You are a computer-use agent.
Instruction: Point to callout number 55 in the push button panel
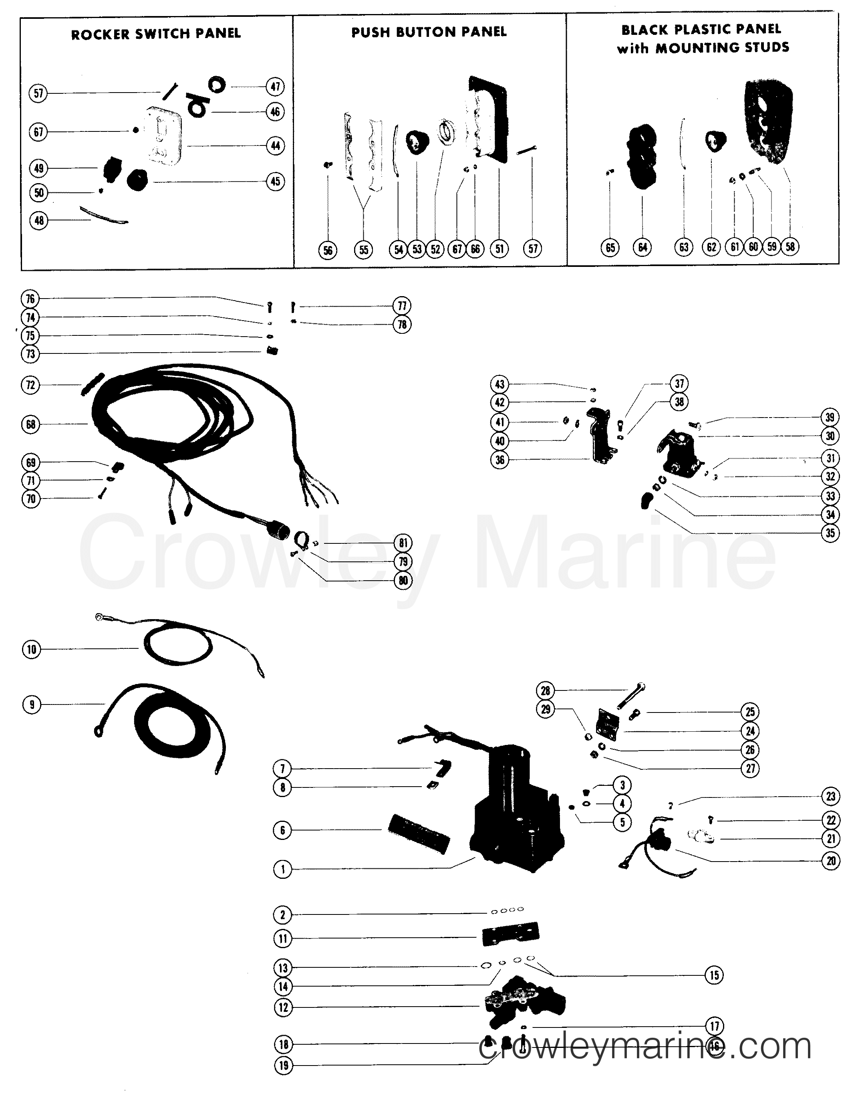[364, 249]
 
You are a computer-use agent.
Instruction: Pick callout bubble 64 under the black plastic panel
[643, 247]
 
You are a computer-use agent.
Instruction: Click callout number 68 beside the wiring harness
[31, 425]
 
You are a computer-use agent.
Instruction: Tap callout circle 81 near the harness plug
[403, 543]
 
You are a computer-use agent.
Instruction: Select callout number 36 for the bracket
[500, 460]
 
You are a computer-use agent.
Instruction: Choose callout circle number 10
[32, 649]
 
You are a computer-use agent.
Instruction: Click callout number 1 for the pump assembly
[282, 869]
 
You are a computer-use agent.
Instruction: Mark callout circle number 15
[714, 976]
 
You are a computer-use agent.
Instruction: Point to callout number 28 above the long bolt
[545, 690]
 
